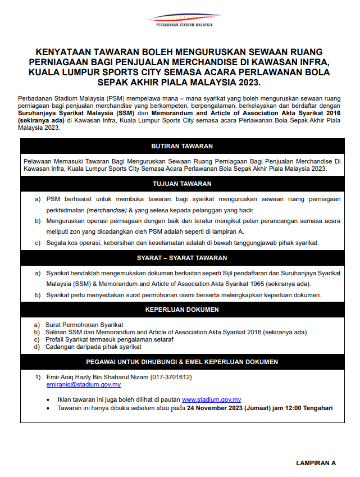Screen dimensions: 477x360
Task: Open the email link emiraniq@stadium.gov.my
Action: (84, 385)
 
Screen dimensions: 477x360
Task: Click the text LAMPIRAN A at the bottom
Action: (316, 464)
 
